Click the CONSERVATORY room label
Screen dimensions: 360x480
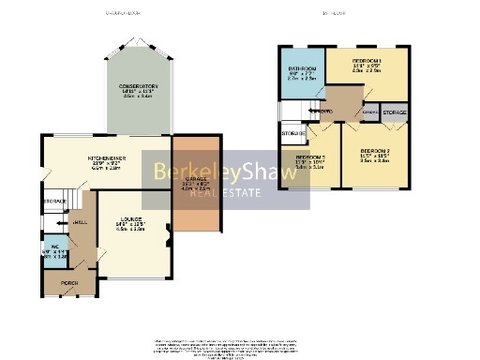[138, 86]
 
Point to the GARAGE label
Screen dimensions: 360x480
[196, 182]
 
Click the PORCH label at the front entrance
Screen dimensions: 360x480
[70, 282]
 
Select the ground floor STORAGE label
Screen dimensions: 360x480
[54, 202]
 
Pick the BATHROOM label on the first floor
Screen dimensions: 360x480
[300, 69]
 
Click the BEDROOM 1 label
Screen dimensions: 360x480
[367, 61]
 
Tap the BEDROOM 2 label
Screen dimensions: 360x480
[374, 151]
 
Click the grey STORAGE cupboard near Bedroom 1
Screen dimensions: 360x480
[395, 112]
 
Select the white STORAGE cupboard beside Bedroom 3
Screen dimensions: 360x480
[292, 134]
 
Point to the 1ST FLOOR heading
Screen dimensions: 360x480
[335, 14]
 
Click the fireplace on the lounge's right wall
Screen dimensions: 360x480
[169, 231]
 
